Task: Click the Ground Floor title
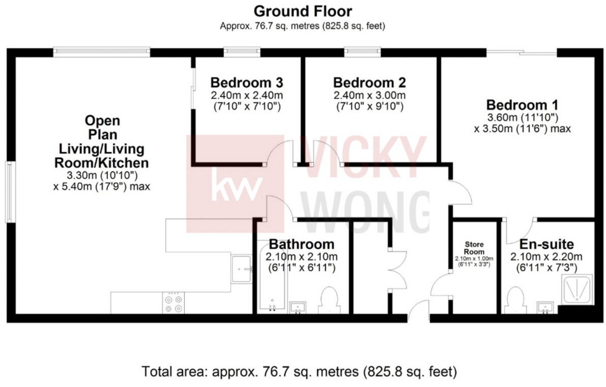(302, 11)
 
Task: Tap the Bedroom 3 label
(247, 82)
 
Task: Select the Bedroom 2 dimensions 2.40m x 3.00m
(369, 95)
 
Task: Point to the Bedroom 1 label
(522, 105)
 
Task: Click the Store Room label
(477, 248)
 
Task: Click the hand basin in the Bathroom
(298, 307)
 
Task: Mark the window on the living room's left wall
(9, 192)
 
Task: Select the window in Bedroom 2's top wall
(362, 51)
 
